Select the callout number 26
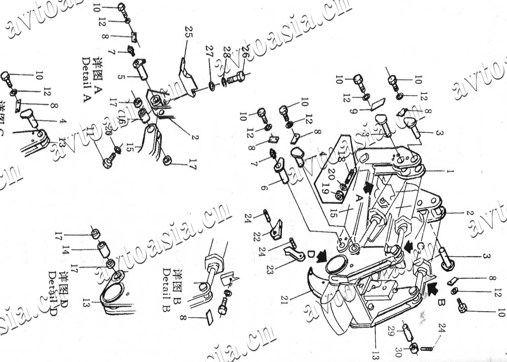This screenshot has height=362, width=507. pyautogui.click(x=245, y=52)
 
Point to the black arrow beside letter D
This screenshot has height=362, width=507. pyautogui.click(x=320, y=257)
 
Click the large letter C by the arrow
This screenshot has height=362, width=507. pyautogui.click(x=420, y=248)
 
